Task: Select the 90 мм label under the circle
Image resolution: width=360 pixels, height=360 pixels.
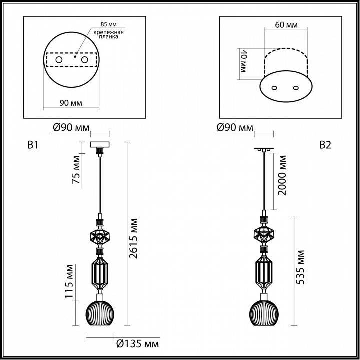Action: pyautogui.click(x=71, y=103)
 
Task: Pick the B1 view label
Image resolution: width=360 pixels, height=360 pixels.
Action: pyautogui.click(x=33, y=146)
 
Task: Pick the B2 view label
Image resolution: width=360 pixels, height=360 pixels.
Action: pyautogui.click(x=325, y=145)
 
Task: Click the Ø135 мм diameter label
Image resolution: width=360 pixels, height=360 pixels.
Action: pyautogui.click(x=137, y=344)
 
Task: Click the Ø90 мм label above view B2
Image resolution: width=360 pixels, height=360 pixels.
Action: pyautogui.click(x=235, y=128)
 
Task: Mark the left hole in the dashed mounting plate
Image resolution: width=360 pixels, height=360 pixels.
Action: pyautogui.click(x=59, y=60)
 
